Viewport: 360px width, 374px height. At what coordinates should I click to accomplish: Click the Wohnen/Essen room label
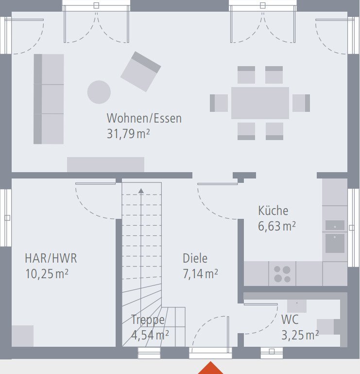coord(144,118)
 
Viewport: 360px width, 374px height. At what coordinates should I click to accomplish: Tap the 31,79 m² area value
coord(128,134)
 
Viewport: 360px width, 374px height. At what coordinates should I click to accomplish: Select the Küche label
coord(273,211)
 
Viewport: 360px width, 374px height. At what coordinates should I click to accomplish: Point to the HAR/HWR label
coord(51,258)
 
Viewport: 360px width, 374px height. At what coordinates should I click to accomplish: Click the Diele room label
coord(195,258)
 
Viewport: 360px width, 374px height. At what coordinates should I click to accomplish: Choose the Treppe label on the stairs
coord(148,320)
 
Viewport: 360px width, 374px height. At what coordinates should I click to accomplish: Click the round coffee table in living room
coord(99,92)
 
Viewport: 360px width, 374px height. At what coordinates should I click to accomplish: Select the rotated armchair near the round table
coord(140,71)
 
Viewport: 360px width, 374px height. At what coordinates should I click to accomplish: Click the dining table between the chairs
coord(260,103)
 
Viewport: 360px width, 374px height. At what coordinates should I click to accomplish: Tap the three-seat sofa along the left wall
coord(49,99)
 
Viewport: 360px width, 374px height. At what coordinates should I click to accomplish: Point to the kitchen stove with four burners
coord(282,274)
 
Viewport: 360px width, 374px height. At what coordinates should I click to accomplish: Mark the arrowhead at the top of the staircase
coord(141,191)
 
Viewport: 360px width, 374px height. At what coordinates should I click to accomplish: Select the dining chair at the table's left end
coord(219,103)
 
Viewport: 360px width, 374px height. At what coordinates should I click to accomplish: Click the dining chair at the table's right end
coord(301,103)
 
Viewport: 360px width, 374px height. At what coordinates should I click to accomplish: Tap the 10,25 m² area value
coord(47,274)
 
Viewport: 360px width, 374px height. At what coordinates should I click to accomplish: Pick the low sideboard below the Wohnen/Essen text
coord(105,164)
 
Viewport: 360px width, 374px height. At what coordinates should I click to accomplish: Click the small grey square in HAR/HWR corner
coord(22,336)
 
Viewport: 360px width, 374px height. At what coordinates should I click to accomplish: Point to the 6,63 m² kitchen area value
coord(276,226)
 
